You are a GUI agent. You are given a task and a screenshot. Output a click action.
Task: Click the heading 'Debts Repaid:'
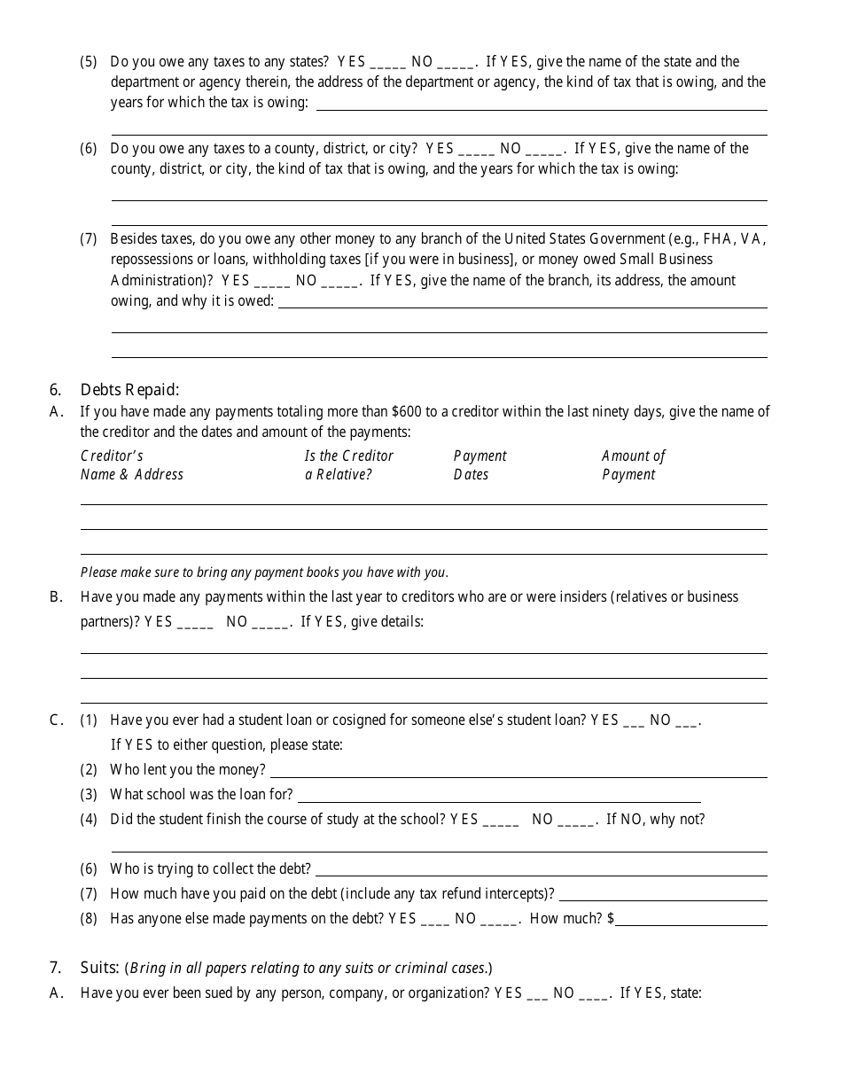click(129, 389)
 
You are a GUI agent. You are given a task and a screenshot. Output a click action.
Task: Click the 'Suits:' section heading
click(98, 968)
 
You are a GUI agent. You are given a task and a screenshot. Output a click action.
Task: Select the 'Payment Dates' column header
click(479, 465)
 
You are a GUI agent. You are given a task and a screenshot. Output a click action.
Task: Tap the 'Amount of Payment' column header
click(633, 465)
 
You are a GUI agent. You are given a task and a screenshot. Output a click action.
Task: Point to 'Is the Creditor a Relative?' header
click(348, 465)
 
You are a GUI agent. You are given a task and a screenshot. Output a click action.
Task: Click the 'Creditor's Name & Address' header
click(131, 465)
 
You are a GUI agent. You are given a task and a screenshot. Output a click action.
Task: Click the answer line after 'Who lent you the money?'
click(517, 771)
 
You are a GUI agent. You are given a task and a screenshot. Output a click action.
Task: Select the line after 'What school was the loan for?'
click(498, 796)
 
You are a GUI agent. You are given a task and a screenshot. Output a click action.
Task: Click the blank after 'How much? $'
click(691, 920)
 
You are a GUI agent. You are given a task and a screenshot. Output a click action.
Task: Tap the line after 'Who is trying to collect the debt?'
click(541, 870)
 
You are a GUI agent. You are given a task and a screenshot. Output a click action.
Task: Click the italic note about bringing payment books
click(264, 572)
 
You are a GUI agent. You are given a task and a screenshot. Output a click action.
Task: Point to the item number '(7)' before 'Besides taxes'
click(89, 238)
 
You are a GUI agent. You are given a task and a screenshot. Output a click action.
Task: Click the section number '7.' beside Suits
click(56, 968)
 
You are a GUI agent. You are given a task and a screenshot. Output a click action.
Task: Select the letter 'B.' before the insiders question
click(56, 597)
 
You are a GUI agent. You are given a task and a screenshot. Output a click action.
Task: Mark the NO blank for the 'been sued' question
click(594, 995)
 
